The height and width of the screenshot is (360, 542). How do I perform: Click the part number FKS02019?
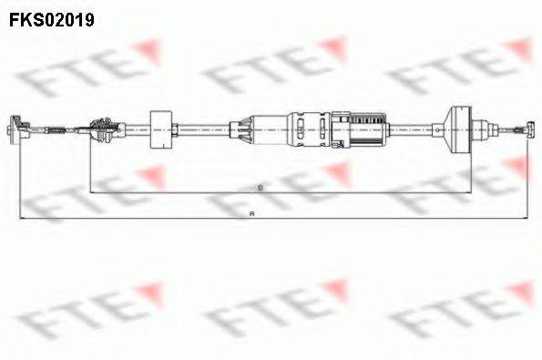pos(52,17)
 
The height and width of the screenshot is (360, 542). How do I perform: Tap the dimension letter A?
pos(252,212)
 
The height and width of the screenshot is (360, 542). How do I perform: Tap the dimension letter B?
pos(261,186)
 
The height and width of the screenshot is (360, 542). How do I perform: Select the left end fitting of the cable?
pos(17,129)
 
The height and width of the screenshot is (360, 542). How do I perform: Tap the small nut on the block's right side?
pos(179,129)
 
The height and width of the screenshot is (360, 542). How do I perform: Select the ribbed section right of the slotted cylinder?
pos(369,125)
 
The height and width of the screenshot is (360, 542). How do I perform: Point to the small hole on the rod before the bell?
pos(424,129)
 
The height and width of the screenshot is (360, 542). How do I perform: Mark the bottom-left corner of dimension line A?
pos(19,218)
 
